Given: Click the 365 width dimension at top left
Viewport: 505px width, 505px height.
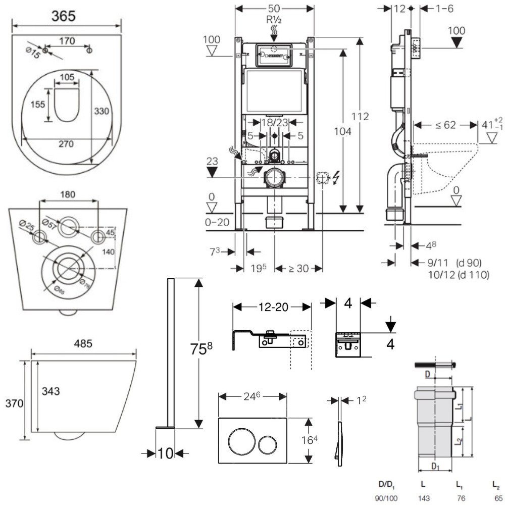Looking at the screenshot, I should tap(64, 16).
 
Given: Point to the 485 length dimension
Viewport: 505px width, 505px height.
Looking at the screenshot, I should tap(83, 344).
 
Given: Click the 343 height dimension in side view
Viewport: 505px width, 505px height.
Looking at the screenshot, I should tap(51, 391).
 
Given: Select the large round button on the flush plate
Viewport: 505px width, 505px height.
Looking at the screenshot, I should tap(239, 440).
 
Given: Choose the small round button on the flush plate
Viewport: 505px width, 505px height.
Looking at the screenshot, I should tap(267, 444).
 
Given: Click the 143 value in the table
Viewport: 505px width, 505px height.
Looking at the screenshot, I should tap(424, 497).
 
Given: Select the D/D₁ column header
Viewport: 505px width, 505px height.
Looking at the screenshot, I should tap(387, 484).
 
